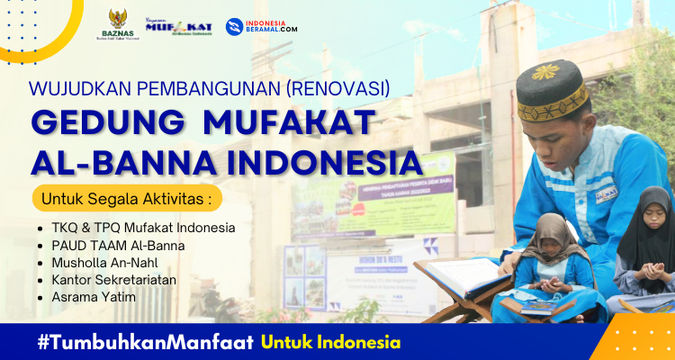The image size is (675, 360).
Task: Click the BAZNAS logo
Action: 118,25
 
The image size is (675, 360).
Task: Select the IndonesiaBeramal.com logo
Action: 262,27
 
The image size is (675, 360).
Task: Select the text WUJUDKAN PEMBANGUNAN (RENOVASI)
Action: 210,88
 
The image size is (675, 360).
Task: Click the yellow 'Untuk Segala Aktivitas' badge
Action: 126,197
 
